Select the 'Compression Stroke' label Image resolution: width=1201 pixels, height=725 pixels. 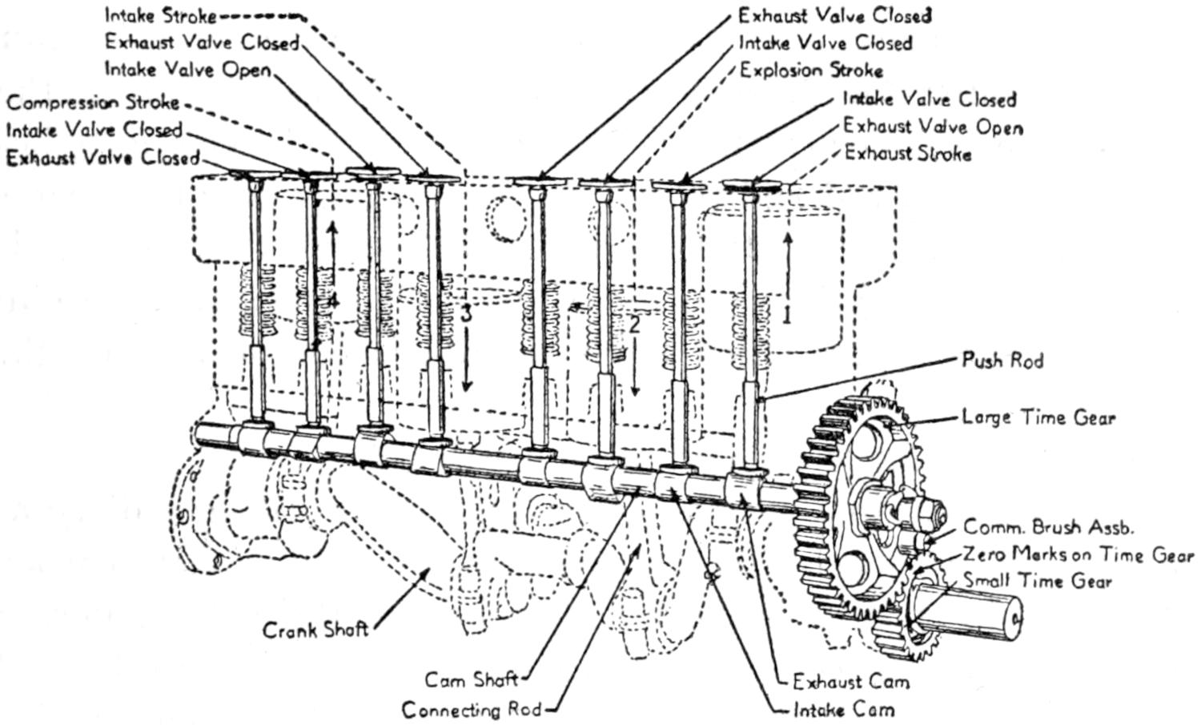point(93,103)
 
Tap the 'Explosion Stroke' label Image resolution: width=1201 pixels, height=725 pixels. point(811,70)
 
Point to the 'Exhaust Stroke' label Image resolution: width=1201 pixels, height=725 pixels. point(908,153)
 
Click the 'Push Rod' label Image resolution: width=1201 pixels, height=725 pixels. point(1002,360)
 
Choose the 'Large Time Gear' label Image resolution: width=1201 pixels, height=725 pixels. point(1038,417)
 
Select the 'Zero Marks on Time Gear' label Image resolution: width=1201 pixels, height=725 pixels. point(1078,554)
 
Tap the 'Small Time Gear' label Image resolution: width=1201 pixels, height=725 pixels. point(1038,581)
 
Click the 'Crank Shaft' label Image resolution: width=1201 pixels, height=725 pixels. point(315,630)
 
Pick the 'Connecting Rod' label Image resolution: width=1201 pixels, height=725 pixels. point(472,710)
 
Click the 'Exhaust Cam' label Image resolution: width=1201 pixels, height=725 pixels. point(851,682)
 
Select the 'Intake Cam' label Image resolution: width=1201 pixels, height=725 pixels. point(843,710)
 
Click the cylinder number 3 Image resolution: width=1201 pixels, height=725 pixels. point(467,314)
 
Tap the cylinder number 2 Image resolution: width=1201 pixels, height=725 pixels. point(634,324)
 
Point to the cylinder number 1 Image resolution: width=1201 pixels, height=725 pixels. point(786,315)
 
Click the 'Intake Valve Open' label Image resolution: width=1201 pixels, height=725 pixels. point(188,70)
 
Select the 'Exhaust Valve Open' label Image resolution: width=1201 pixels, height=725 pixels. point(933,127)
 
